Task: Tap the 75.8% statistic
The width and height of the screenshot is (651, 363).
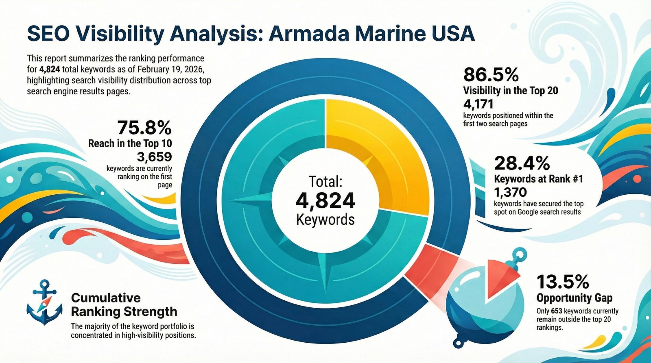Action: (x=144, y=128)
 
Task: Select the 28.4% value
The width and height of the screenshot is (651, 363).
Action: (x=522, y=163)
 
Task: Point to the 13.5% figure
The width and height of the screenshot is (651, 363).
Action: (x=562, y=281)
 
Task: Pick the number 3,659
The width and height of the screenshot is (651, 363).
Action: (x=155, y=157)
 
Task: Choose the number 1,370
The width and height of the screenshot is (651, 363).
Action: (x=510, y=192)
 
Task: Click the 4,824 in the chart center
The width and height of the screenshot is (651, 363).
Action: (x=325, y=200)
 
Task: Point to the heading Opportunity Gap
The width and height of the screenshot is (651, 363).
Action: (x=574, y=298)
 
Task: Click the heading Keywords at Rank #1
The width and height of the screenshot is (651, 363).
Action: (x=538, y=179)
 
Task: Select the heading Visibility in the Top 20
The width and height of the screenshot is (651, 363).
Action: (x=510, y=90)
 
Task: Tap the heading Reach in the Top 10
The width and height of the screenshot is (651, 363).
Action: (x=130, y=143)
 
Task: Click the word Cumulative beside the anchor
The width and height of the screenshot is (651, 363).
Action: (x=106, y=298)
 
